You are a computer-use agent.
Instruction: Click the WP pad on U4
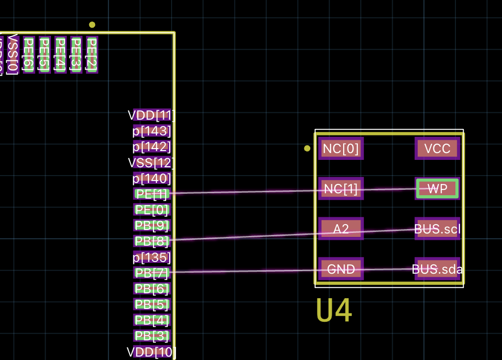(x=437, y=188)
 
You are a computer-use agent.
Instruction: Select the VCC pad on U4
(x=437, y=148)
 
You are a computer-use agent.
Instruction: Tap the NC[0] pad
(x=341, y=148)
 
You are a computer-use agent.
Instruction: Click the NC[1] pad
(x=341, y=188)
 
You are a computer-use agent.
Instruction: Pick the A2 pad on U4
(x=341, y=229)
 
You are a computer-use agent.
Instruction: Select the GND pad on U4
(x=341, y=269)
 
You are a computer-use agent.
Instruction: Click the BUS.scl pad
(x=437, y=229)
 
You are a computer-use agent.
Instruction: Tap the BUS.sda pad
(x=437, y=269)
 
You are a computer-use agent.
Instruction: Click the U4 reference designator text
(x=334, y=310)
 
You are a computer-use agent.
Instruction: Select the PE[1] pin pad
(x=152, y=194)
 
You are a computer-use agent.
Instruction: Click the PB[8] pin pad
(x=152, y=241)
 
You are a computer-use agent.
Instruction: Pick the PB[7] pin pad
(x=152, y=273)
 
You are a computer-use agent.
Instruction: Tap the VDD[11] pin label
(x=152, y=115)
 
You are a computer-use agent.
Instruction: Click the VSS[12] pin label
(x=152, y=162)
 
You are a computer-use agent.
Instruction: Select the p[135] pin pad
(x=152, y=257)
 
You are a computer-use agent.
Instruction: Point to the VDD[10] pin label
(x=152, y=352)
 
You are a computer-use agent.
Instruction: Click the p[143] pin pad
(x=152, y=131)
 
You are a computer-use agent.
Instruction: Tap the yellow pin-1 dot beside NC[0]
(x=307, y=148)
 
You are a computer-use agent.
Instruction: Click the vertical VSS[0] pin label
(x=13, y=54)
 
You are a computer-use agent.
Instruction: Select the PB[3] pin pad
(x=152, y=336)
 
